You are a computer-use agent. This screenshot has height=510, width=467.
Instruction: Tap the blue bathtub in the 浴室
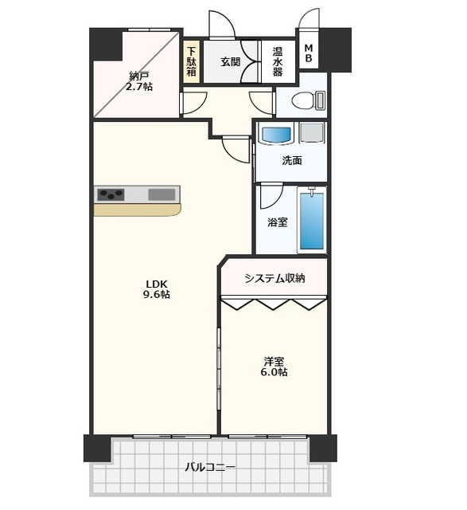pyautogui.click(x=312, y=221)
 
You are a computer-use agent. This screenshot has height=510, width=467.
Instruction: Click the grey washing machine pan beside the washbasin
pyautogui.click(x=311, y=132)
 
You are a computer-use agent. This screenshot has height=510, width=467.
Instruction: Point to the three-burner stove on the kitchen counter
pyautogui.click(x=111, y=194)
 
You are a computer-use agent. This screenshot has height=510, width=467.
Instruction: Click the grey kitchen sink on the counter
pyautogui.click(x=162, y=194)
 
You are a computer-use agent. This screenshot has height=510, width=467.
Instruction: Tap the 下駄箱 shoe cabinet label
pyautogui.click(x=192, y=61)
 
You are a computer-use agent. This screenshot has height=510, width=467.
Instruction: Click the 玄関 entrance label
pyautogui.click(x=231, y=61)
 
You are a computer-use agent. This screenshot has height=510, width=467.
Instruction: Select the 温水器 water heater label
pyautogui.click(x=278, y=61)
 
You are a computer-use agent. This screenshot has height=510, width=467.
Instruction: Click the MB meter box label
pyautogui.click(x=309, y=53)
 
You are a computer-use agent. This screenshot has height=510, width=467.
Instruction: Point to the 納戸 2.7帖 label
pyautogui.click(x=139, y=81)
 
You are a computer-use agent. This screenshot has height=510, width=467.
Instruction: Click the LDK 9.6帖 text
pyautogui.click(x=157, y=288)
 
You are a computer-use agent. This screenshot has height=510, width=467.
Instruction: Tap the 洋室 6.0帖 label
pyautogui.click(x=274, y=367)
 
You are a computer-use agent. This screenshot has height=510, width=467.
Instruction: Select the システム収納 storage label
pyautogui.click(x=274, y=278)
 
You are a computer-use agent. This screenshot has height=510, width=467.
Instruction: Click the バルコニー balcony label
pyautogui.click(x=210, y=468)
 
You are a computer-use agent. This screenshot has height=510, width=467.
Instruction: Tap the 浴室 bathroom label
pyautogui.click(x=278, y=222)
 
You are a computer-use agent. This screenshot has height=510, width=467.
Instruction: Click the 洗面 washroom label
pyautogui.click(x=292, y=160)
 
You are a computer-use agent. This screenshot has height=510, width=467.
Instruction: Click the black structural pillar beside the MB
pyautogui.click(x=335, y=49)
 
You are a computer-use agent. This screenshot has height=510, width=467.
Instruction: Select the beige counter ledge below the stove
pyautogui.click(x=137, y=210)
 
